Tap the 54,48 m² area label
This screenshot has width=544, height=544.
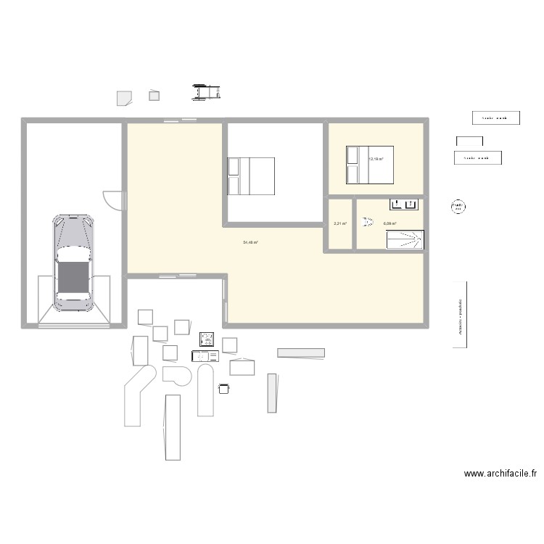(250, 243)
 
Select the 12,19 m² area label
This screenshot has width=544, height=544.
(376, 159)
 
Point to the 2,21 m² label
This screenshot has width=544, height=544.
(339, 224)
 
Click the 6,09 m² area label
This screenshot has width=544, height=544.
(390, 224)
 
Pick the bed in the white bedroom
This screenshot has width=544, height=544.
(251, 176)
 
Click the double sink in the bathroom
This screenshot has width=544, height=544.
(405, 204)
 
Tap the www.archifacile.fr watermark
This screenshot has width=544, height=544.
(500, 474)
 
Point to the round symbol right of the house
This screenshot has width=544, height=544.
(458, 207)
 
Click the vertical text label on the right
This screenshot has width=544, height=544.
(460, 315)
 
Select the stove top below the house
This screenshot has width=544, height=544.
(207, 339)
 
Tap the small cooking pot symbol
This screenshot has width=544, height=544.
(224, 389)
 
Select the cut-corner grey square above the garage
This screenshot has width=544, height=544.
(124, 96)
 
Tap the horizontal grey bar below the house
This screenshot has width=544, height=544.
(301, 353)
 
